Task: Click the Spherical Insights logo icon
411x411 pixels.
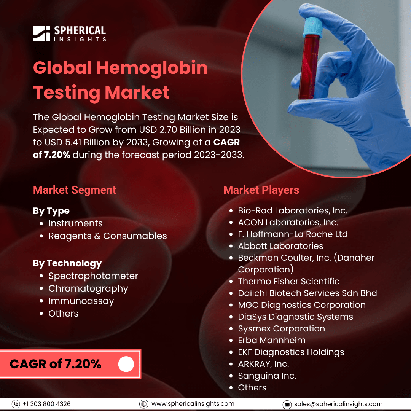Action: (x=41, y=33)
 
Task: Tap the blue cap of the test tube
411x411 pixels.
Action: (x=312, y=27)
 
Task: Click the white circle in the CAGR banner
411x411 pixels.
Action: (x=126, y=364)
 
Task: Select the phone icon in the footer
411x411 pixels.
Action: (x=16, y=404)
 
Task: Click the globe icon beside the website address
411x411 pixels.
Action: (x=143, y=404)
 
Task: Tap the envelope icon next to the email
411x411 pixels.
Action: (x=287, y=405)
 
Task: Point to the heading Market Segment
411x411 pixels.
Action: (x=75, y=190)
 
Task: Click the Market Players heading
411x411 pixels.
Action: (x=261, y=190)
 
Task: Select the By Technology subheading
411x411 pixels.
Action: (x=67, y=263)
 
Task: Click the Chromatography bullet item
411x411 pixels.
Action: (x=88, y=288)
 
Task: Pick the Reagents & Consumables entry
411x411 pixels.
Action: (x=108, y=236)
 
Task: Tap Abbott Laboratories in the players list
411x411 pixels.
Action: (x=281, y=246)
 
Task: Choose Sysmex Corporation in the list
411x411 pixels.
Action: (x=282, y=329)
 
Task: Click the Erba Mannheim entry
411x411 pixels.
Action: (x=272, y=340)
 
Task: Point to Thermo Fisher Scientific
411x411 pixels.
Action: (x=288, y=281)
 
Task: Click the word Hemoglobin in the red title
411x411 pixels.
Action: (x=152, y=68)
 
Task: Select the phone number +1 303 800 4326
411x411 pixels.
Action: (x=47, y=404)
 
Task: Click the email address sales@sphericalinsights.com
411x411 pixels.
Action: (x=338, y=404)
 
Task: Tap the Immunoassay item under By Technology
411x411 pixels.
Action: (x=81, y=301)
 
